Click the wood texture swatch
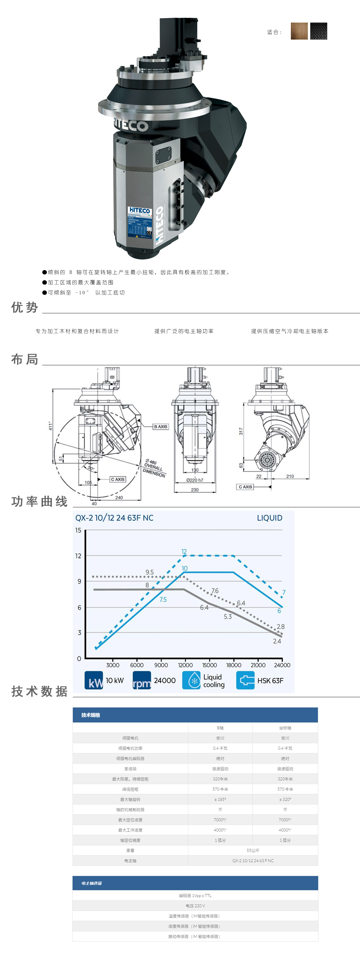(x=299, y=31)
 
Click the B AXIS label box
(x=161, y=427)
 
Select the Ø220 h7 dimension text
(x=195, y=480)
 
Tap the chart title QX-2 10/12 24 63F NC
(x=114, y=518)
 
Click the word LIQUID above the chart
(x=269, y=518)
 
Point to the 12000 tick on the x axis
(x=185, y=665)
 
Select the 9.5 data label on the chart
(x=150, y=572)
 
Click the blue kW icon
(x=94, y=680)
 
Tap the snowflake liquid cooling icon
(x=191, y=680)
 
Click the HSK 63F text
(x=270, y=681)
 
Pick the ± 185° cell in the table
(x=220, y=799)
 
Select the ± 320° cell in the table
(x=285, y=799)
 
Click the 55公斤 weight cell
(x=253, y=851)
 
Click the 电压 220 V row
(x=195, y=906)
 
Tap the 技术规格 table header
(x=91, y=715)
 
